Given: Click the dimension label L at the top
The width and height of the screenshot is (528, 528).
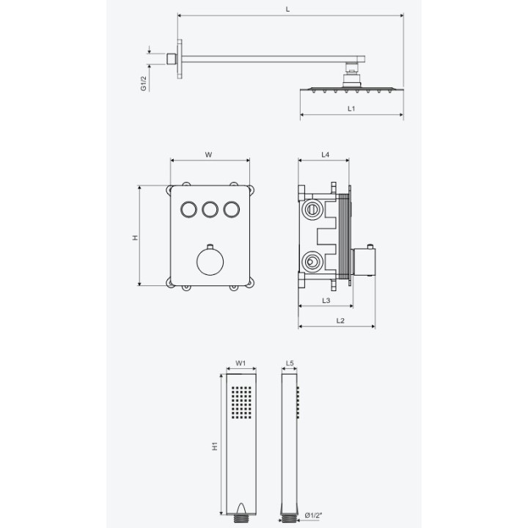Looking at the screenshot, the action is [287, 10].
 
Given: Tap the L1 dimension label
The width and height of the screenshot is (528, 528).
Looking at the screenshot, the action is [351, 109].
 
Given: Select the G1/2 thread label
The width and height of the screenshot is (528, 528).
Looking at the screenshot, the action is [144, 84].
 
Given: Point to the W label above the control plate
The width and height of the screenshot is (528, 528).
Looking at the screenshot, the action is [209, 155].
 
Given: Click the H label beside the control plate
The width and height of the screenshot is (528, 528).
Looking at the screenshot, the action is [136, 238].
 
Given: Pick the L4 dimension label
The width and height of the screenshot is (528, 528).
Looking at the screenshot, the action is [325, 155].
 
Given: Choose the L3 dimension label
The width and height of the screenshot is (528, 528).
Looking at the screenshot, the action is [326, 301].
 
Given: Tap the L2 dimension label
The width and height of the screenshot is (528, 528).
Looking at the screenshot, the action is [340, 320].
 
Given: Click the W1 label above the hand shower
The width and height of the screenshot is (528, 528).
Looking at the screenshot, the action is [241, 363].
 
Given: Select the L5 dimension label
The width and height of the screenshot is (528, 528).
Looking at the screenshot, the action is [290, 363].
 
